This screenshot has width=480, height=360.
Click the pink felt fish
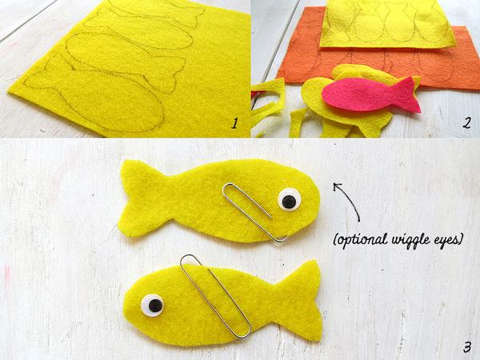(x=367, y=95)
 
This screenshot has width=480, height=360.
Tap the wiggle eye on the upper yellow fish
(x=290, y=199)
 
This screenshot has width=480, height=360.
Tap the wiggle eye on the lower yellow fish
(x=153, y=306)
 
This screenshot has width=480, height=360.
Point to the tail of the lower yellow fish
(x=302, y=300)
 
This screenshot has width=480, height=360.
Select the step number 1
(x=234, y=123)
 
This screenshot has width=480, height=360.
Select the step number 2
(x=466, y=123)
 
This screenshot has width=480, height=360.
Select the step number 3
(x=466, y=347)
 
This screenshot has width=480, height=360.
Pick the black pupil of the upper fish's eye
(x=290, y=201)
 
